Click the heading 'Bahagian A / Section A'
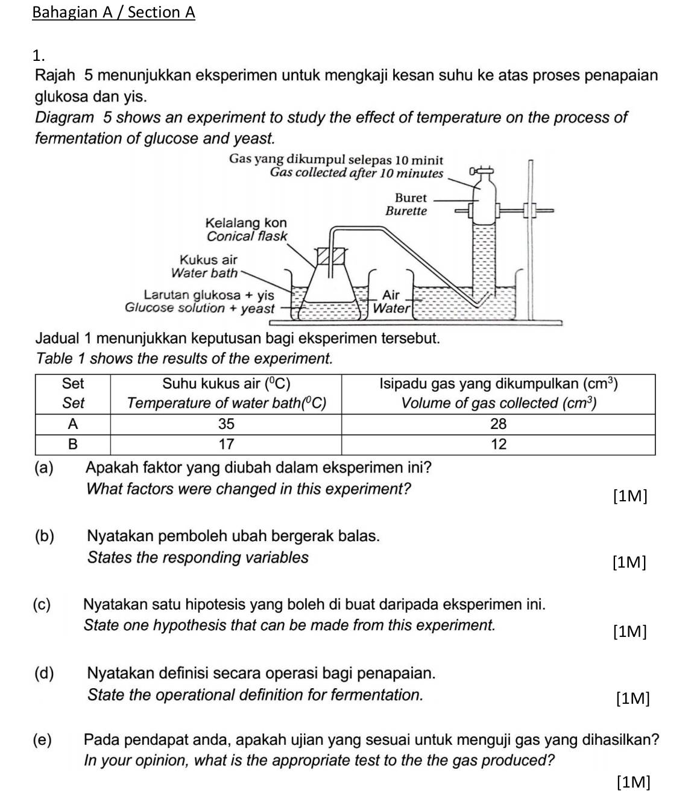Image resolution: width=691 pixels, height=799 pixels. click(113, 12)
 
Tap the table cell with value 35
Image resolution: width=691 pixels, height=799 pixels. click(226, 424)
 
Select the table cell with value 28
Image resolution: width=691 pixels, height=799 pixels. click(498, 424)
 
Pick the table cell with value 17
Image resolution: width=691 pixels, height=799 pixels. click(226, 444)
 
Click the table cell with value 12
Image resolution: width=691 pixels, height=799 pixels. click(498, 444)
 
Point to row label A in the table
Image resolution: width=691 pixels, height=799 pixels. click(73, 424)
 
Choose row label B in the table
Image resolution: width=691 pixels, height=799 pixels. click(73, 444)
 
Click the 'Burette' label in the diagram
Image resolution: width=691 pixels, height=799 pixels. click(406, 211)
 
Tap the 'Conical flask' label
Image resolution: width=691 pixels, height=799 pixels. click(247, 236)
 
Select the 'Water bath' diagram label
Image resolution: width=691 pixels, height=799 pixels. click(204, 273)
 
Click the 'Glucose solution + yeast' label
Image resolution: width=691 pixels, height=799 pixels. click(200, 308)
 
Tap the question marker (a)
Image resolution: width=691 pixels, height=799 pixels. click(44, 468)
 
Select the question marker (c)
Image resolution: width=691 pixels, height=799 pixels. click(43, 604)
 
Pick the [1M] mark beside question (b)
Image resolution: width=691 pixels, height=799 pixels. click(628, 563)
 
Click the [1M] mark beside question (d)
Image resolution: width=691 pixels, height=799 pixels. click(633, 698)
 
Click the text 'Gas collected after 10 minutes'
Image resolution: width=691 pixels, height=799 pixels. click(356, 173)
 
